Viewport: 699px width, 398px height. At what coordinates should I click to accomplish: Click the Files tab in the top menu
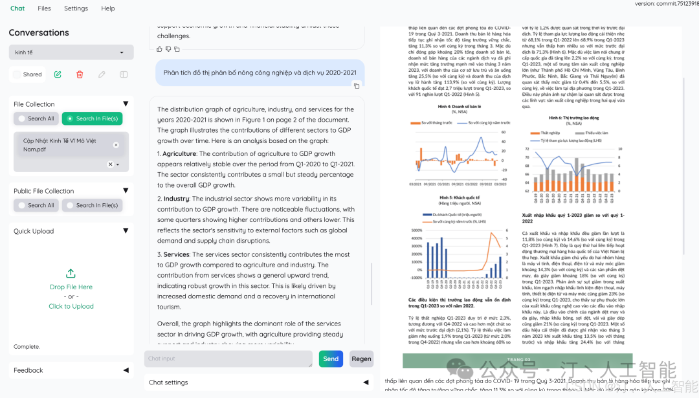(x=44, y=8)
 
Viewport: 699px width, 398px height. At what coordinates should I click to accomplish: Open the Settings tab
(x=76, y=8)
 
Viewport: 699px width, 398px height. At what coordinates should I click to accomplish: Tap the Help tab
(x=108, y=8)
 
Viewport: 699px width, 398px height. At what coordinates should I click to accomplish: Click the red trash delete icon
(x=80, y=74)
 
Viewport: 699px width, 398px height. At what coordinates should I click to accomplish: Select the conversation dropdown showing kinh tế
(x=71, y=52)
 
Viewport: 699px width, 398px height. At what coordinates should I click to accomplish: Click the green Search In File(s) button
(x=92, y=118)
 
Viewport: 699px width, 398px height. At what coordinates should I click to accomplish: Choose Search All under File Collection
(x=36, y=118)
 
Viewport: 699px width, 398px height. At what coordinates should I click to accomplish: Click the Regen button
(x=361, y=359)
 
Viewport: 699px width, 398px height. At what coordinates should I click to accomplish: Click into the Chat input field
(x=228, y=359)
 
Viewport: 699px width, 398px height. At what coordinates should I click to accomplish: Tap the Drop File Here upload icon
(x=71, y=274)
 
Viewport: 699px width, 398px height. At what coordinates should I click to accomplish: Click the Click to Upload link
(x=71, y=306)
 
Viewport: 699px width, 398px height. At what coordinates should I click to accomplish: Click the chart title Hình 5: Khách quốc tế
(x=460, y=197)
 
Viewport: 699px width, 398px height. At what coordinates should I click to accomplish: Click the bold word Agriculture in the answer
(x=179, y=154)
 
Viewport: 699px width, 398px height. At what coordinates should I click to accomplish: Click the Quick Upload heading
(x=34, y=231)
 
